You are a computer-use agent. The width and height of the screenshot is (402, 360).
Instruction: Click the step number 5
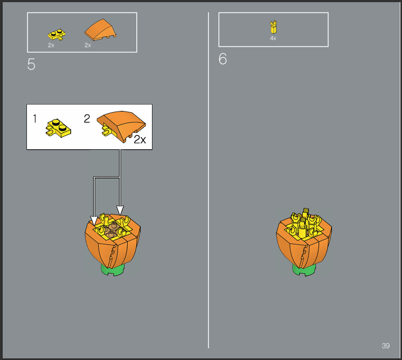coord(31,64)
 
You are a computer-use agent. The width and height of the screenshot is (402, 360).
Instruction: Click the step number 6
coord(223,59)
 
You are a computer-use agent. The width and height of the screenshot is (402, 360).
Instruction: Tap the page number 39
coord(386,345)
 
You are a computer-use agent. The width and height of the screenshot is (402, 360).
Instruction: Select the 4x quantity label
coord(273,38)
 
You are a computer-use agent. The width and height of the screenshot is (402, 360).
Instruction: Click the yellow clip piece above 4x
coord(274,27)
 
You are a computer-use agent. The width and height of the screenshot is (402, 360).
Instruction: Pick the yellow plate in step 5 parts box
coord(57,34)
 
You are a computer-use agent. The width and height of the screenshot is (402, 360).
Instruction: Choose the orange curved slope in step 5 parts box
coord(100,30)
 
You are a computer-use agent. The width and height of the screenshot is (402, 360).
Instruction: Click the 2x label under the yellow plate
coord(51,45)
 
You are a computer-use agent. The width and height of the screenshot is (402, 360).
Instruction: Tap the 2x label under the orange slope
coord(88,45)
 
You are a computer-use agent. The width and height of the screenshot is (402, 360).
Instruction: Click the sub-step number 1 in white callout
coord(35,119)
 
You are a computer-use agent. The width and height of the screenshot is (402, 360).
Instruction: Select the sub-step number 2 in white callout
coord(87,119)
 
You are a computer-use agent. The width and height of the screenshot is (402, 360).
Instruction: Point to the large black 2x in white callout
coord(140,140)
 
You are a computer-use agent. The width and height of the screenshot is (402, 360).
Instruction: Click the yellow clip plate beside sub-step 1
coord(58,128)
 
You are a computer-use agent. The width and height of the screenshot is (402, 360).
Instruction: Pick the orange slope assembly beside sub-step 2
coord(121,126)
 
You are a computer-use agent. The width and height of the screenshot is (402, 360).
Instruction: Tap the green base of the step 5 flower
coord(113,270)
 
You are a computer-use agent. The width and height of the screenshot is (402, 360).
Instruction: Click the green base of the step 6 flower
coord(304,270)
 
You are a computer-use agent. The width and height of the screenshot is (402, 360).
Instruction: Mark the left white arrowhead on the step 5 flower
coord(94,221)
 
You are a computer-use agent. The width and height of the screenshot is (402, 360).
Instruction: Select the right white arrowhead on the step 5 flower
coord(120,210)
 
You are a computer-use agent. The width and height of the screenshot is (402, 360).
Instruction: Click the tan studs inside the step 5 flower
coord(112,230)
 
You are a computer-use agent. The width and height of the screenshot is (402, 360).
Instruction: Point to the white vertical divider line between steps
coord(209,180)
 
